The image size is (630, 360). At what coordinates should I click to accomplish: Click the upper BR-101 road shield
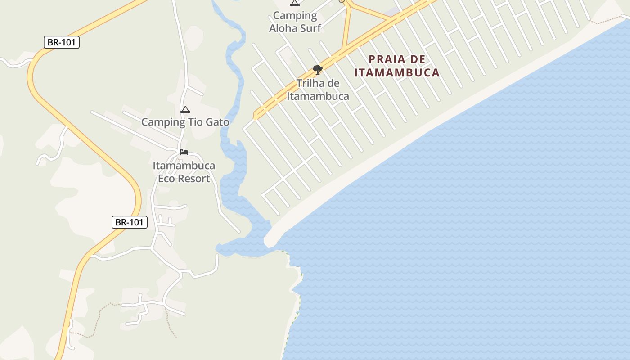coord(62,43)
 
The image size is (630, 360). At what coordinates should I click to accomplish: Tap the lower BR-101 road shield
coord(130,222)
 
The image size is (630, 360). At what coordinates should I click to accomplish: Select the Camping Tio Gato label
coord(185,122)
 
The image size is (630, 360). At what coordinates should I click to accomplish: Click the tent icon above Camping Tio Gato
coord(185,109)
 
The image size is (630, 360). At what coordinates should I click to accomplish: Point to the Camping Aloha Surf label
coord(295,22)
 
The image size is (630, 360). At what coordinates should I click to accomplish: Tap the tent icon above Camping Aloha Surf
coord(295,3)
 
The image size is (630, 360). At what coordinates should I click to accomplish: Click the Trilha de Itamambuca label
coord(318,90)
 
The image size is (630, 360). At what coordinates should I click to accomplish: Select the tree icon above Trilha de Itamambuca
coord(318,69)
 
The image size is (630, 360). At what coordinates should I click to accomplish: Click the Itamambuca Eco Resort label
coord(184,172)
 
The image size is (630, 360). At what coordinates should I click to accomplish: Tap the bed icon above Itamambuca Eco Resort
coord(184,152)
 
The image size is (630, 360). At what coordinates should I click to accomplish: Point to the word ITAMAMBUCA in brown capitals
coord(396,72)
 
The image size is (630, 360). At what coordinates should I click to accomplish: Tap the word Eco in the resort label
coord(166,179)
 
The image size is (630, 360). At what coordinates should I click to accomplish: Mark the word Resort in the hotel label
coord(193,179)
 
